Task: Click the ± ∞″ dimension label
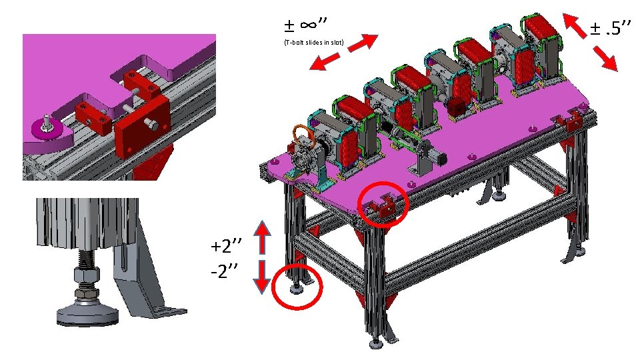tap(305, 25)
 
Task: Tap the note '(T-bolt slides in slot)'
tap(314, 43)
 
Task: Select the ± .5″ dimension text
tap(611, 28)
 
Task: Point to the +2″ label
tap(226, 246)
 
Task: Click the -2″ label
tap(225, 271)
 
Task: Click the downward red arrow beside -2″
tap(262, 276)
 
